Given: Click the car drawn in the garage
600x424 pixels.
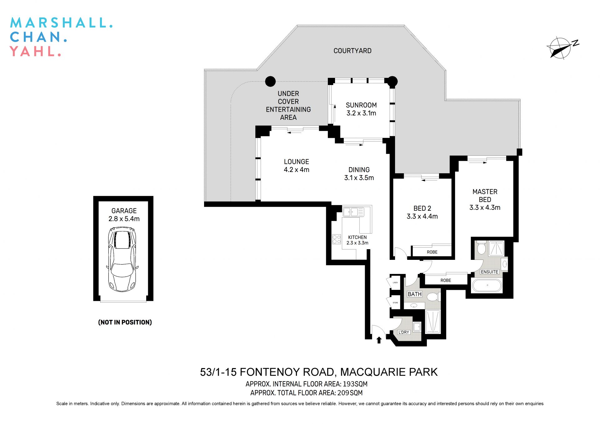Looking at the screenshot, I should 122,260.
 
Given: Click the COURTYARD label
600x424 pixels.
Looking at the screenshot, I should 352,51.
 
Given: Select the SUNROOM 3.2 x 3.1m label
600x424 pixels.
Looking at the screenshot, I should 361,109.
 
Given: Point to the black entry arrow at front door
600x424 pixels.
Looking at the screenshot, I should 379,340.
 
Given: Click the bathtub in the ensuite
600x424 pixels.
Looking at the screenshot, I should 487,285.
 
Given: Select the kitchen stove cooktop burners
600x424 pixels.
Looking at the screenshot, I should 337,240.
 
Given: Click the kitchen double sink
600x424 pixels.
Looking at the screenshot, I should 351,212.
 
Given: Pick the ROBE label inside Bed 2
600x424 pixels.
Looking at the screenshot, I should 432,252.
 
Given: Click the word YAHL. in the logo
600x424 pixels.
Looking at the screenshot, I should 35,51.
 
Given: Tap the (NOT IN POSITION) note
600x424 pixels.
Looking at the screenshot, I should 125,322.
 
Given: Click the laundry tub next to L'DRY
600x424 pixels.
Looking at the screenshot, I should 417,327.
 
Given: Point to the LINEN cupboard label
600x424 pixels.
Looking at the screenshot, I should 395,282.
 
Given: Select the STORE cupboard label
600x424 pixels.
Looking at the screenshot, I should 395,303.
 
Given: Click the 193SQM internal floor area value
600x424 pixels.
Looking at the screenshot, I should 355,384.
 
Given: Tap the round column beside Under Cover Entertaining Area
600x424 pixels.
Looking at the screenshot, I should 270,81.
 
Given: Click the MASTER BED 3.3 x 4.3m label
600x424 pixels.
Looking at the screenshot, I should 485,199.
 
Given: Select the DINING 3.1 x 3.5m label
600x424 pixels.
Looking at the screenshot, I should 359,174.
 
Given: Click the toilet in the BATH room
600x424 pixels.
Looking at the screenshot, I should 433,297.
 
